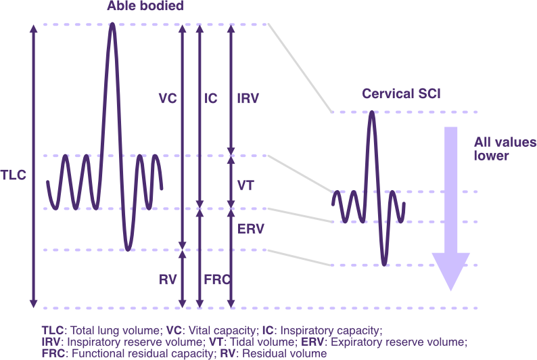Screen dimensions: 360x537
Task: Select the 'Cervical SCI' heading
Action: click(x=401, y=94)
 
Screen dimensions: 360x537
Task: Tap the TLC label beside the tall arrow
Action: click(x=14, y=175)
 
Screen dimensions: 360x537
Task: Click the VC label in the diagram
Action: click(x=167, y=98)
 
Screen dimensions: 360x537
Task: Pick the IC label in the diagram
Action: click(x=211, y=98)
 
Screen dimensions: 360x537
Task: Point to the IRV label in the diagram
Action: click(x=248, y=98)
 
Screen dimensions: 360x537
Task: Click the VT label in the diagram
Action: click(x=246, y=184)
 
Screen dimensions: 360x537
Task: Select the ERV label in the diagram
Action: click(x=250, y=229)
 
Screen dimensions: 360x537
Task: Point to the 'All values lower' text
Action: click(x=495, y=149)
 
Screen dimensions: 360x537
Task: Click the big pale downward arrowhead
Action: click(x=450, y=271)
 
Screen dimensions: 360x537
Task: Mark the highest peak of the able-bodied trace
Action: click(x=112, y=25)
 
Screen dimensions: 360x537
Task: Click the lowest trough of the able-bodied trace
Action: click(x=126, y=248)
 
